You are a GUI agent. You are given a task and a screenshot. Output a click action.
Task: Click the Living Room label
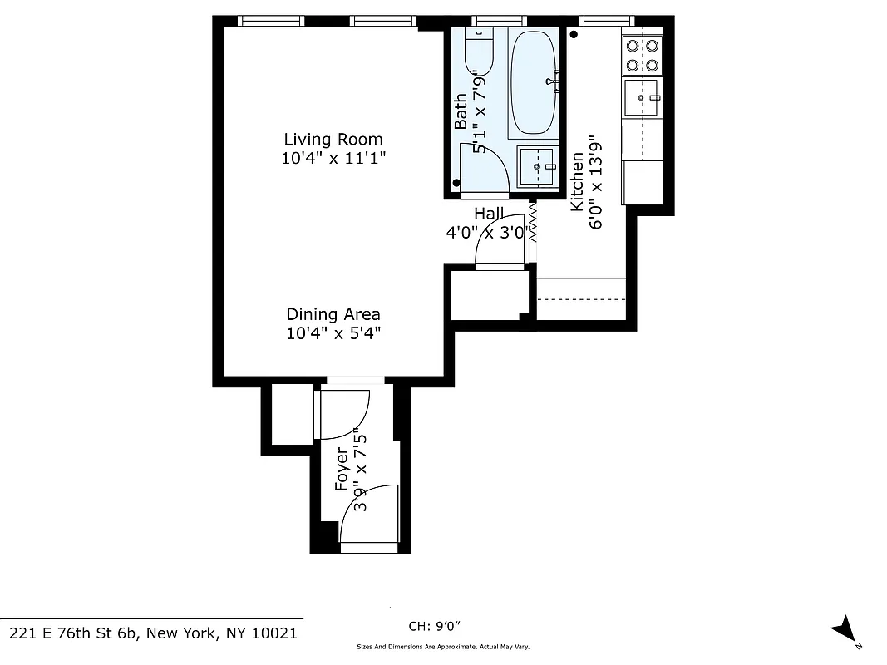[x=333, y=140]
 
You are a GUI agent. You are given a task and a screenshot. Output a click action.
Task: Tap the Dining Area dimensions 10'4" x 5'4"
[x=333, y=333]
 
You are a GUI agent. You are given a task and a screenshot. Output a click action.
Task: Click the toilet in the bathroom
[x=479, y=51]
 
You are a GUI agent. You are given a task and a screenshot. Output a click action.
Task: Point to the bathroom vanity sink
[x=537, y=166]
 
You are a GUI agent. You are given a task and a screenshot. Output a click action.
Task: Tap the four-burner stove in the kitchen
[x=643, y=55]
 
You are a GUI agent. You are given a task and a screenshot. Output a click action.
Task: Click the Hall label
[x=489, y=214]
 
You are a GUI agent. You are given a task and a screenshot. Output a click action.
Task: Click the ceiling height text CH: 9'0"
[x=434, y=626]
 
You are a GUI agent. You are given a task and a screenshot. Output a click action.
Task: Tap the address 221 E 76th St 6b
[x=151, y=633]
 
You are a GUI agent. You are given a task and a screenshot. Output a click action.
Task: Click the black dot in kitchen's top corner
[x=574, y=35]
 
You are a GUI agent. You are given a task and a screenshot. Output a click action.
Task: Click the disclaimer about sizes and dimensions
[x=443, y=647]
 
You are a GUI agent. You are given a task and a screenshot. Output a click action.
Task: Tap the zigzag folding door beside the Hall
[x=532, y=222]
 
